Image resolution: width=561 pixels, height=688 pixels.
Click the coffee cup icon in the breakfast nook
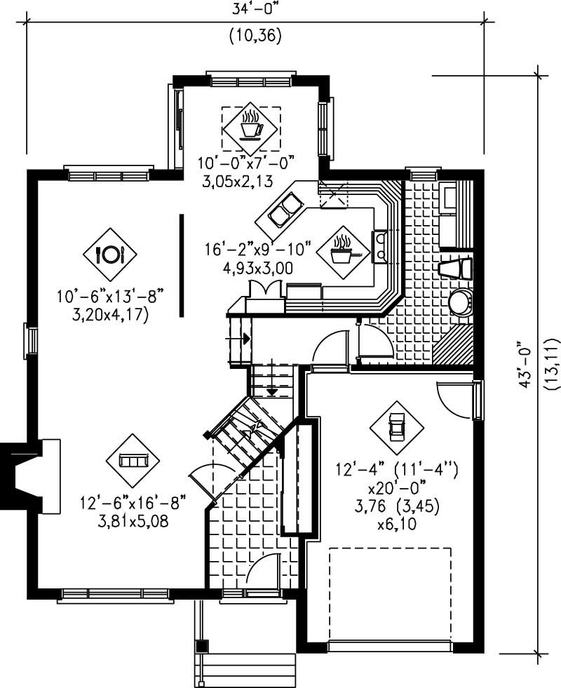(251, 126)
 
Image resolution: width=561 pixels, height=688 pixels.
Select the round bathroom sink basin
(460, 303)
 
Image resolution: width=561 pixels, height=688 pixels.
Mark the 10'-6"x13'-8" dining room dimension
(109, 297)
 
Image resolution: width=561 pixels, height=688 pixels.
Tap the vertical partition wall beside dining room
(182, 265)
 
